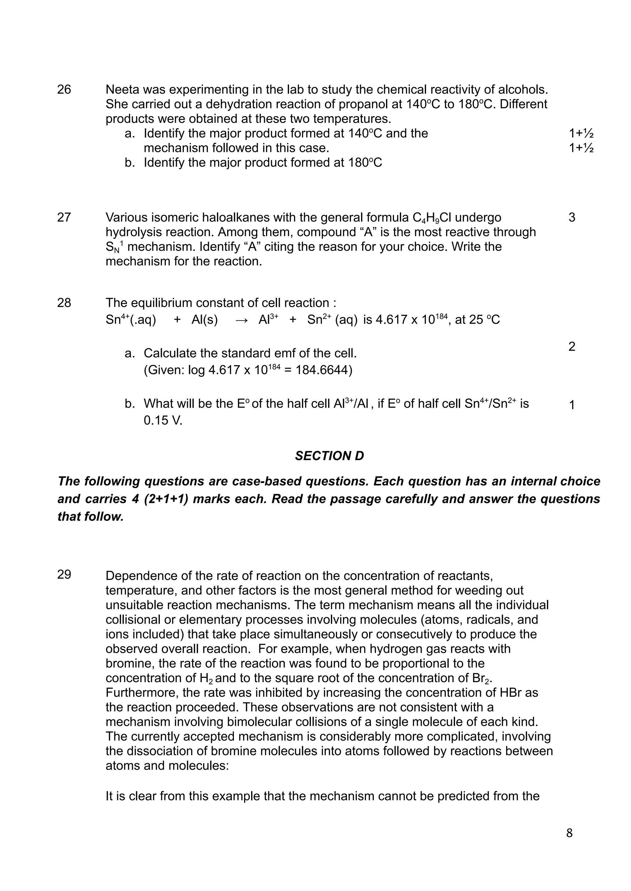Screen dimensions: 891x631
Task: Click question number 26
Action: tap(64, 90)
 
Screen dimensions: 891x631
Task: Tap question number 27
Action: tap(64, 217)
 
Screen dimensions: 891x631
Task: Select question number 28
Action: tap(64, 302)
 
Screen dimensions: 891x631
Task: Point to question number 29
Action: tap(64, 574)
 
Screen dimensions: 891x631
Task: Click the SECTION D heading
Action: tap(329, 456)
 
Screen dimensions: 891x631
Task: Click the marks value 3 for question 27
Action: tap(572, 217)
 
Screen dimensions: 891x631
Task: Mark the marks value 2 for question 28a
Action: tap(572, 346)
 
